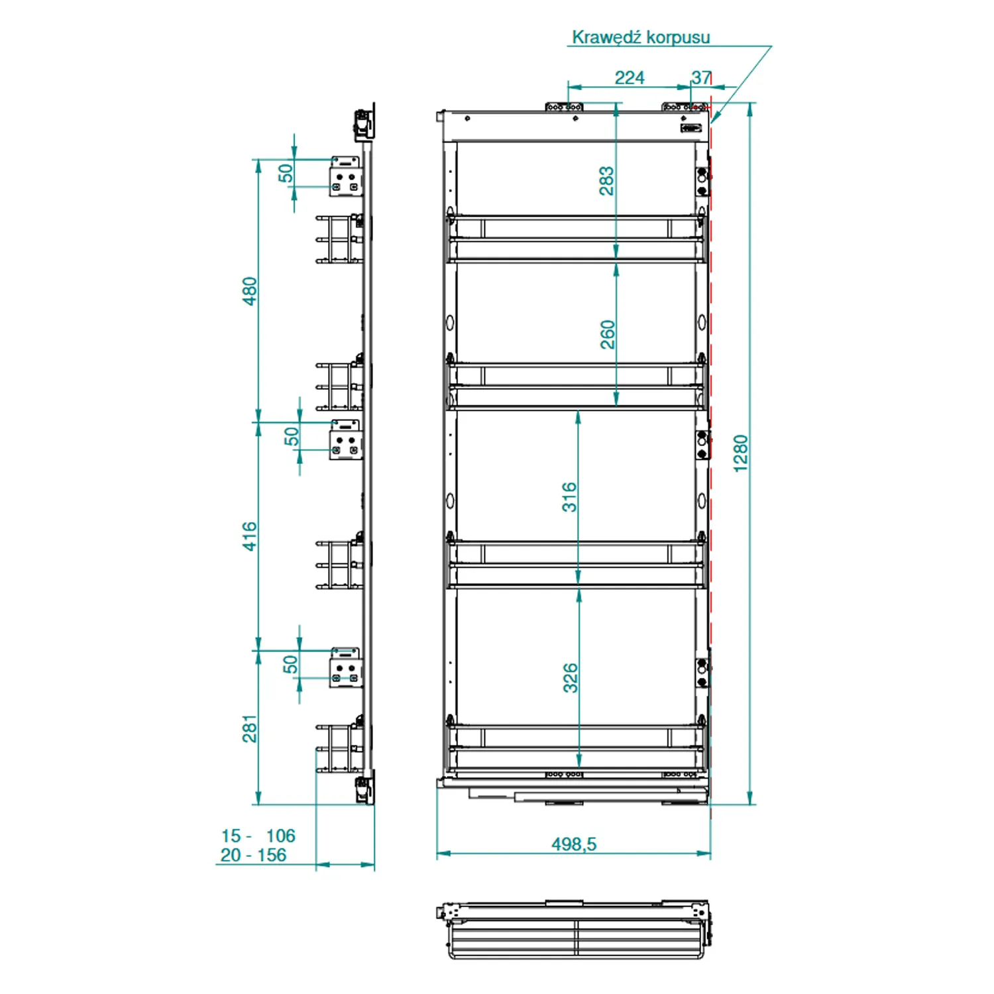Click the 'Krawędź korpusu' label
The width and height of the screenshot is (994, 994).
coord(641,37)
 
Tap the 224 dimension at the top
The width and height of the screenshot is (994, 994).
coord(630,78)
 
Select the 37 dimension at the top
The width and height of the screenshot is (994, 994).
coord(701,78)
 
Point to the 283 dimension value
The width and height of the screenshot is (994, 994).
coord(606,181)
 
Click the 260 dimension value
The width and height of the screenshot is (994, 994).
coord(607,335)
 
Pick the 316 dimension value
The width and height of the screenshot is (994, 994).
coord(569,497)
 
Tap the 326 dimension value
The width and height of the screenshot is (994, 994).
coord(570,678)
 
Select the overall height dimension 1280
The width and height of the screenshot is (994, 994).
coord(740,453)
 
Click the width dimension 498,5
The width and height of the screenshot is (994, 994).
coord(574,844)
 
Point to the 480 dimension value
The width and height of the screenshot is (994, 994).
coord(249,291)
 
